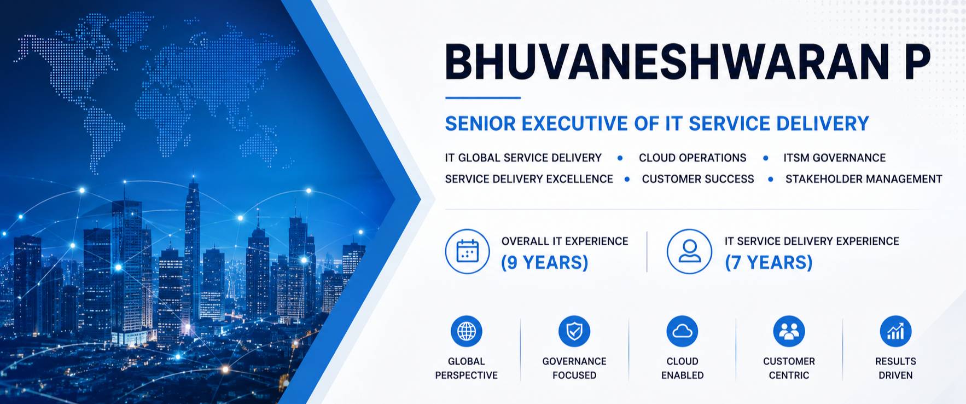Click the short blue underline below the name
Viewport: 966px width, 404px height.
pyautogui.click(x=482, y=98)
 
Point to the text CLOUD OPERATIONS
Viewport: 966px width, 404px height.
pyautogui.click(x=693, y=158)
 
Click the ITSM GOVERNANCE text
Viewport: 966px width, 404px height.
pyautogui.click(x=834, y=158)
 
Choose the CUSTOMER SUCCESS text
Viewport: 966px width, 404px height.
pyautogui.click(x=698, y=179)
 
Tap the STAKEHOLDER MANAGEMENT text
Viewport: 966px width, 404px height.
pyautogui.click(x=864, y=179)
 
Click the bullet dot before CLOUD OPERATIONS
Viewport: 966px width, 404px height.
pyautogui.click(x=620, y=158)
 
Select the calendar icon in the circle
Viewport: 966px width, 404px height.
pyautogui.click(x=467, y=251)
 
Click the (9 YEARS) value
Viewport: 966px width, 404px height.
pyautogui.click(x=544, y=263)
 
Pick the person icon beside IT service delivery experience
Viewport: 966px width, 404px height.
pyautogui.click(x=689, y=251)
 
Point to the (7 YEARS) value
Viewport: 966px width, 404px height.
pyautogui.click(x=769, y=263)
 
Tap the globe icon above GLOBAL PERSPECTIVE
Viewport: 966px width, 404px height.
pyautogui.click(x=467, y=331)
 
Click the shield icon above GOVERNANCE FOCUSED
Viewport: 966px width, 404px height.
pyautogui.click(x=574, y=331)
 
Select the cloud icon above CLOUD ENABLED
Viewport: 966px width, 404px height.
pyautogui.click(x=682, y=331)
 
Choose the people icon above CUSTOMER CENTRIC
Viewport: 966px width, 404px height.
pyautogui.click(x=789, y=331)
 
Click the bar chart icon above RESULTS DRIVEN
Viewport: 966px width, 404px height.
pyautogui.click(x=895, y=331)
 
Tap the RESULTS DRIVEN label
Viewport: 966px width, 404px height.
pyautogui.click(x=895, y=368)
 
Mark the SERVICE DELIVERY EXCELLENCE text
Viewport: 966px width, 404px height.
pyautogui.click(x=529, y=179)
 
